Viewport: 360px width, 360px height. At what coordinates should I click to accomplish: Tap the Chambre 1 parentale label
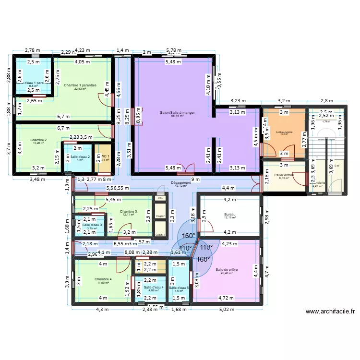(80, 85)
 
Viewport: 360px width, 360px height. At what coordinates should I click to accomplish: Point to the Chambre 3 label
(129, 211)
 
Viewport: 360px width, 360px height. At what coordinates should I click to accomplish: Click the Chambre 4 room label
(103, 279)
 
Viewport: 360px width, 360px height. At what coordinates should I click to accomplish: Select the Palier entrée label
(284, 175)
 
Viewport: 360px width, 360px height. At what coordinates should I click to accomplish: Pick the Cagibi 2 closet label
(160, 235)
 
